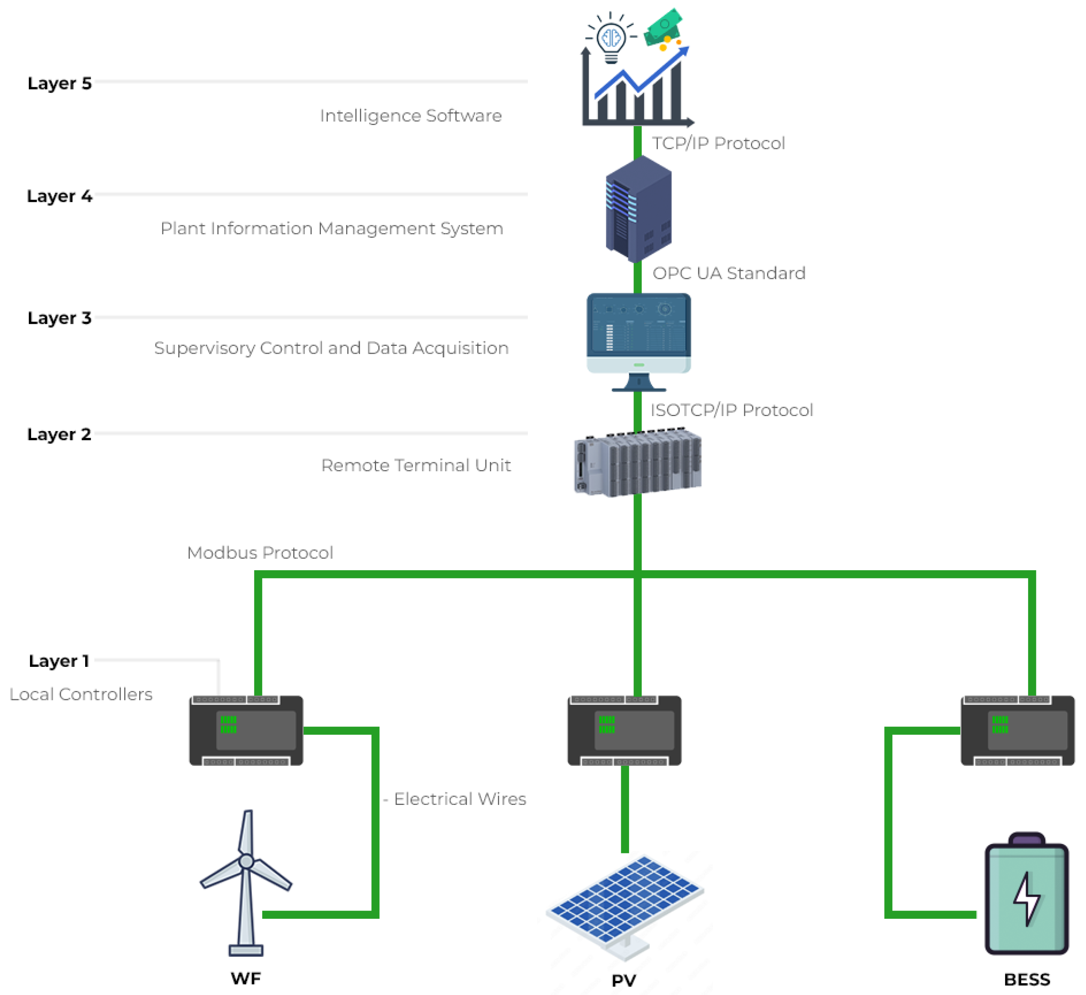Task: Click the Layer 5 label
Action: [x=59, y=84]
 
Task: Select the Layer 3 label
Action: [x=59, y=318]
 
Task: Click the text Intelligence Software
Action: [x=410, y=116]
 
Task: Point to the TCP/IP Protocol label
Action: [x=718, y=144]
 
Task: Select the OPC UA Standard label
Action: [x=729, y=273]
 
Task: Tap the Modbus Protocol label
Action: [x=260, y=553]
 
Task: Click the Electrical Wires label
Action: [x=460, y=799]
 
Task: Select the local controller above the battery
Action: [x=1017, y=731]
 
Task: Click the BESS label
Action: [x=1027, y=979]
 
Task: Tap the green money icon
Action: [x=664, y=27]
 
